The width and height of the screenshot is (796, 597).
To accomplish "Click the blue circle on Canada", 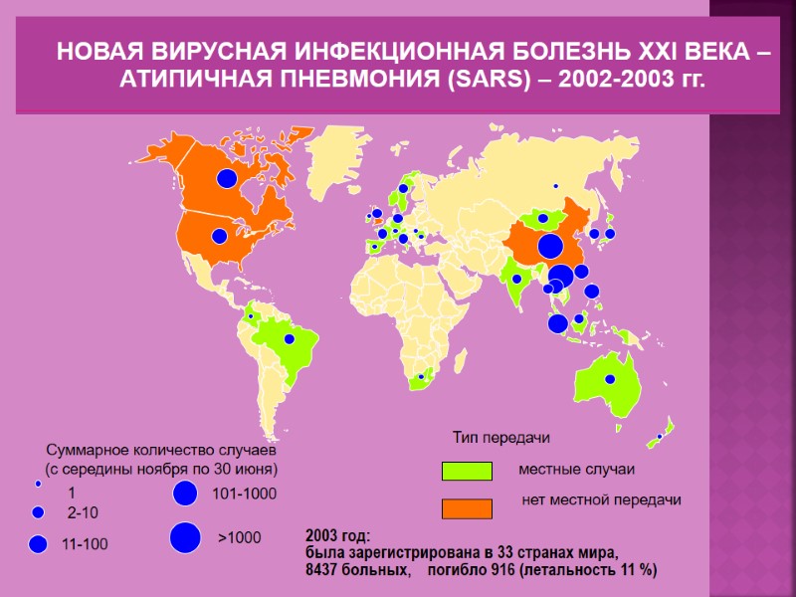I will [227, 178].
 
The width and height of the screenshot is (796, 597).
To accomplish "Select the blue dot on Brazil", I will [290, 339].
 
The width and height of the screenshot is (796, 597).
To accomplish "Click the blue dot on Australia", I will [609, 379].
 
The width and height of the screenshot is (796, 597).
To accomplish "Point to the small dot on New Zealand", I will [659, 436].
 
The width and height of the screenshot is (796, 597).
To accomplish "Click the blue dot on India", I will [516, 280].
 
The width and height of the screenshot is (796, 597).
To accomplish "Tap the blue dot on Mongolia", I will [543, 218].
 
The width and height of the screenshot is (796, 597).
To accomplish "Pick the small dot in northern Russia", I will [556, 186].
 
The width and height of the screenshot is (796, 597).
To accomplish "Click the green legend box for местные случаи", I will [467, 471].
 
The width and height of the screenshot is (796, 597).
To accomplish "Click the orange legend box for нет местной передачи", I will [467, 508].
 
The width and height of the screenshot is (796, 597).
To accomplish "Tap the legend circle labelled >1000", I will [184, 537].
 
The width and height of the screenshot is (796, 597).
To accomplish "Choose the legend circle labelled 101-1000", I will [184, 493].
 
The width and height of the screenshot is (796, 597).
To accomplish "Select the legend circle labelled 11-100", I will [39, 543].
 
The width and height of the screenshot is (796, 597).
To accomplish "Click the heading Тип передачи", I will [501, 437].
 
